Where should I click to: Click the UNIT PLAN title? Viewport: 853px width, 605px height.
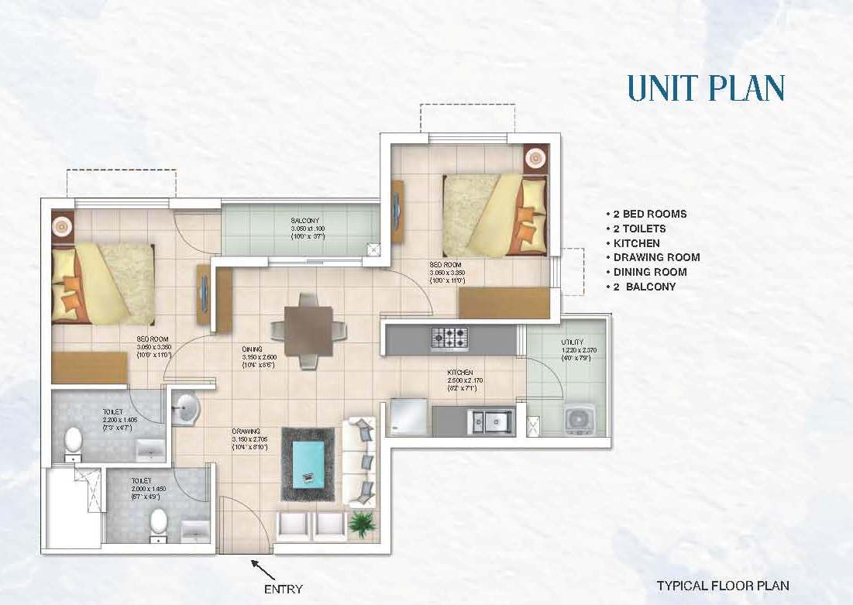(x=706, y=88)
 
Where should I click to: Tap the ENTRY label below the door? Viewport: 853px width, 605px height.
(x=284, y=589)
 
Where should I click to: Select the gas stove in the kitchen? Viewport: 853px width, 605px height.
(x=449, y=339)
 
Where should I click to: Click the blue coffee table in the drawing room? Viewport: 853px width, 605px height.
(x=308, y=463)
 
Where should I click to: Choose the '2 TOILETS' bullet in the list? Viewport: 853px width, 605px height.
(x=638, y=229)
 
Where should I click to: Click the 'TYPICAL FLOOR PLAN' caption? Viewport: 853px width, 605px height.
(x=722, y=586)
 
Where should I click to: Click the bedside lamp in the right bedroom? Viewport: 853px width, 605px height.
(x=536, y=158)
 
